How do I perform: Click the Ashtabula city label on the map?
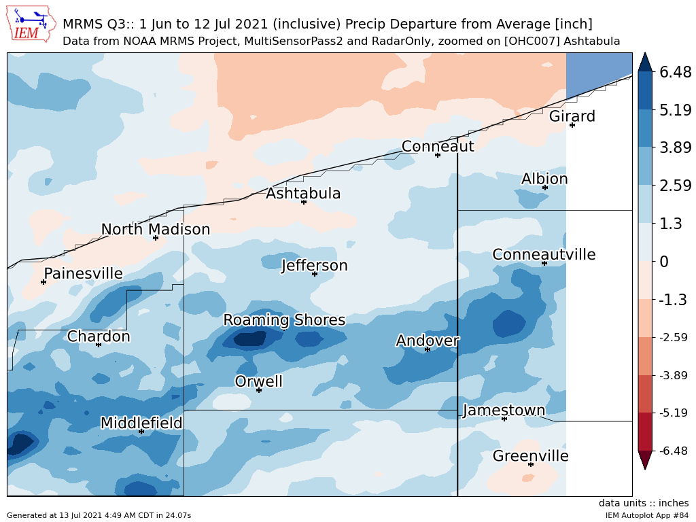(x=303, y=194)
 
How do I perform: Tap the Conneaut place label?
(x=438, y=146)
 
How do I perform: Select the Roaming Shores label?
(x=284, y=320)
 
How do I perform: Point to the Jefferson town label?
(x=315, y=265)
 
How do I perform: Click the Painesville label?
(x=83, y=274)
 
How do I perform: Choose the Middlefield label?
(x=141, y=423)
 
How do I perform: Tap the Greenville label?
(x=530, y=456)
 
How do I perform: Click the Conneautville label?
(x=544, y=255)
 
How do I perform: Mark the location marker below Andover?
(x=428, y=349)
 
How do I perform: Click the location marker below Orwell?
(x=259, y=390)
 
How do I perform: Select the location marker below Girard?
(x=572, y=125)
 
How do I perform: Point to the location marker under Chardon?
(x=99, y=345)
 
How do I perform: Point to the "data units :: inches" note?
(x=644, y=503)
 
